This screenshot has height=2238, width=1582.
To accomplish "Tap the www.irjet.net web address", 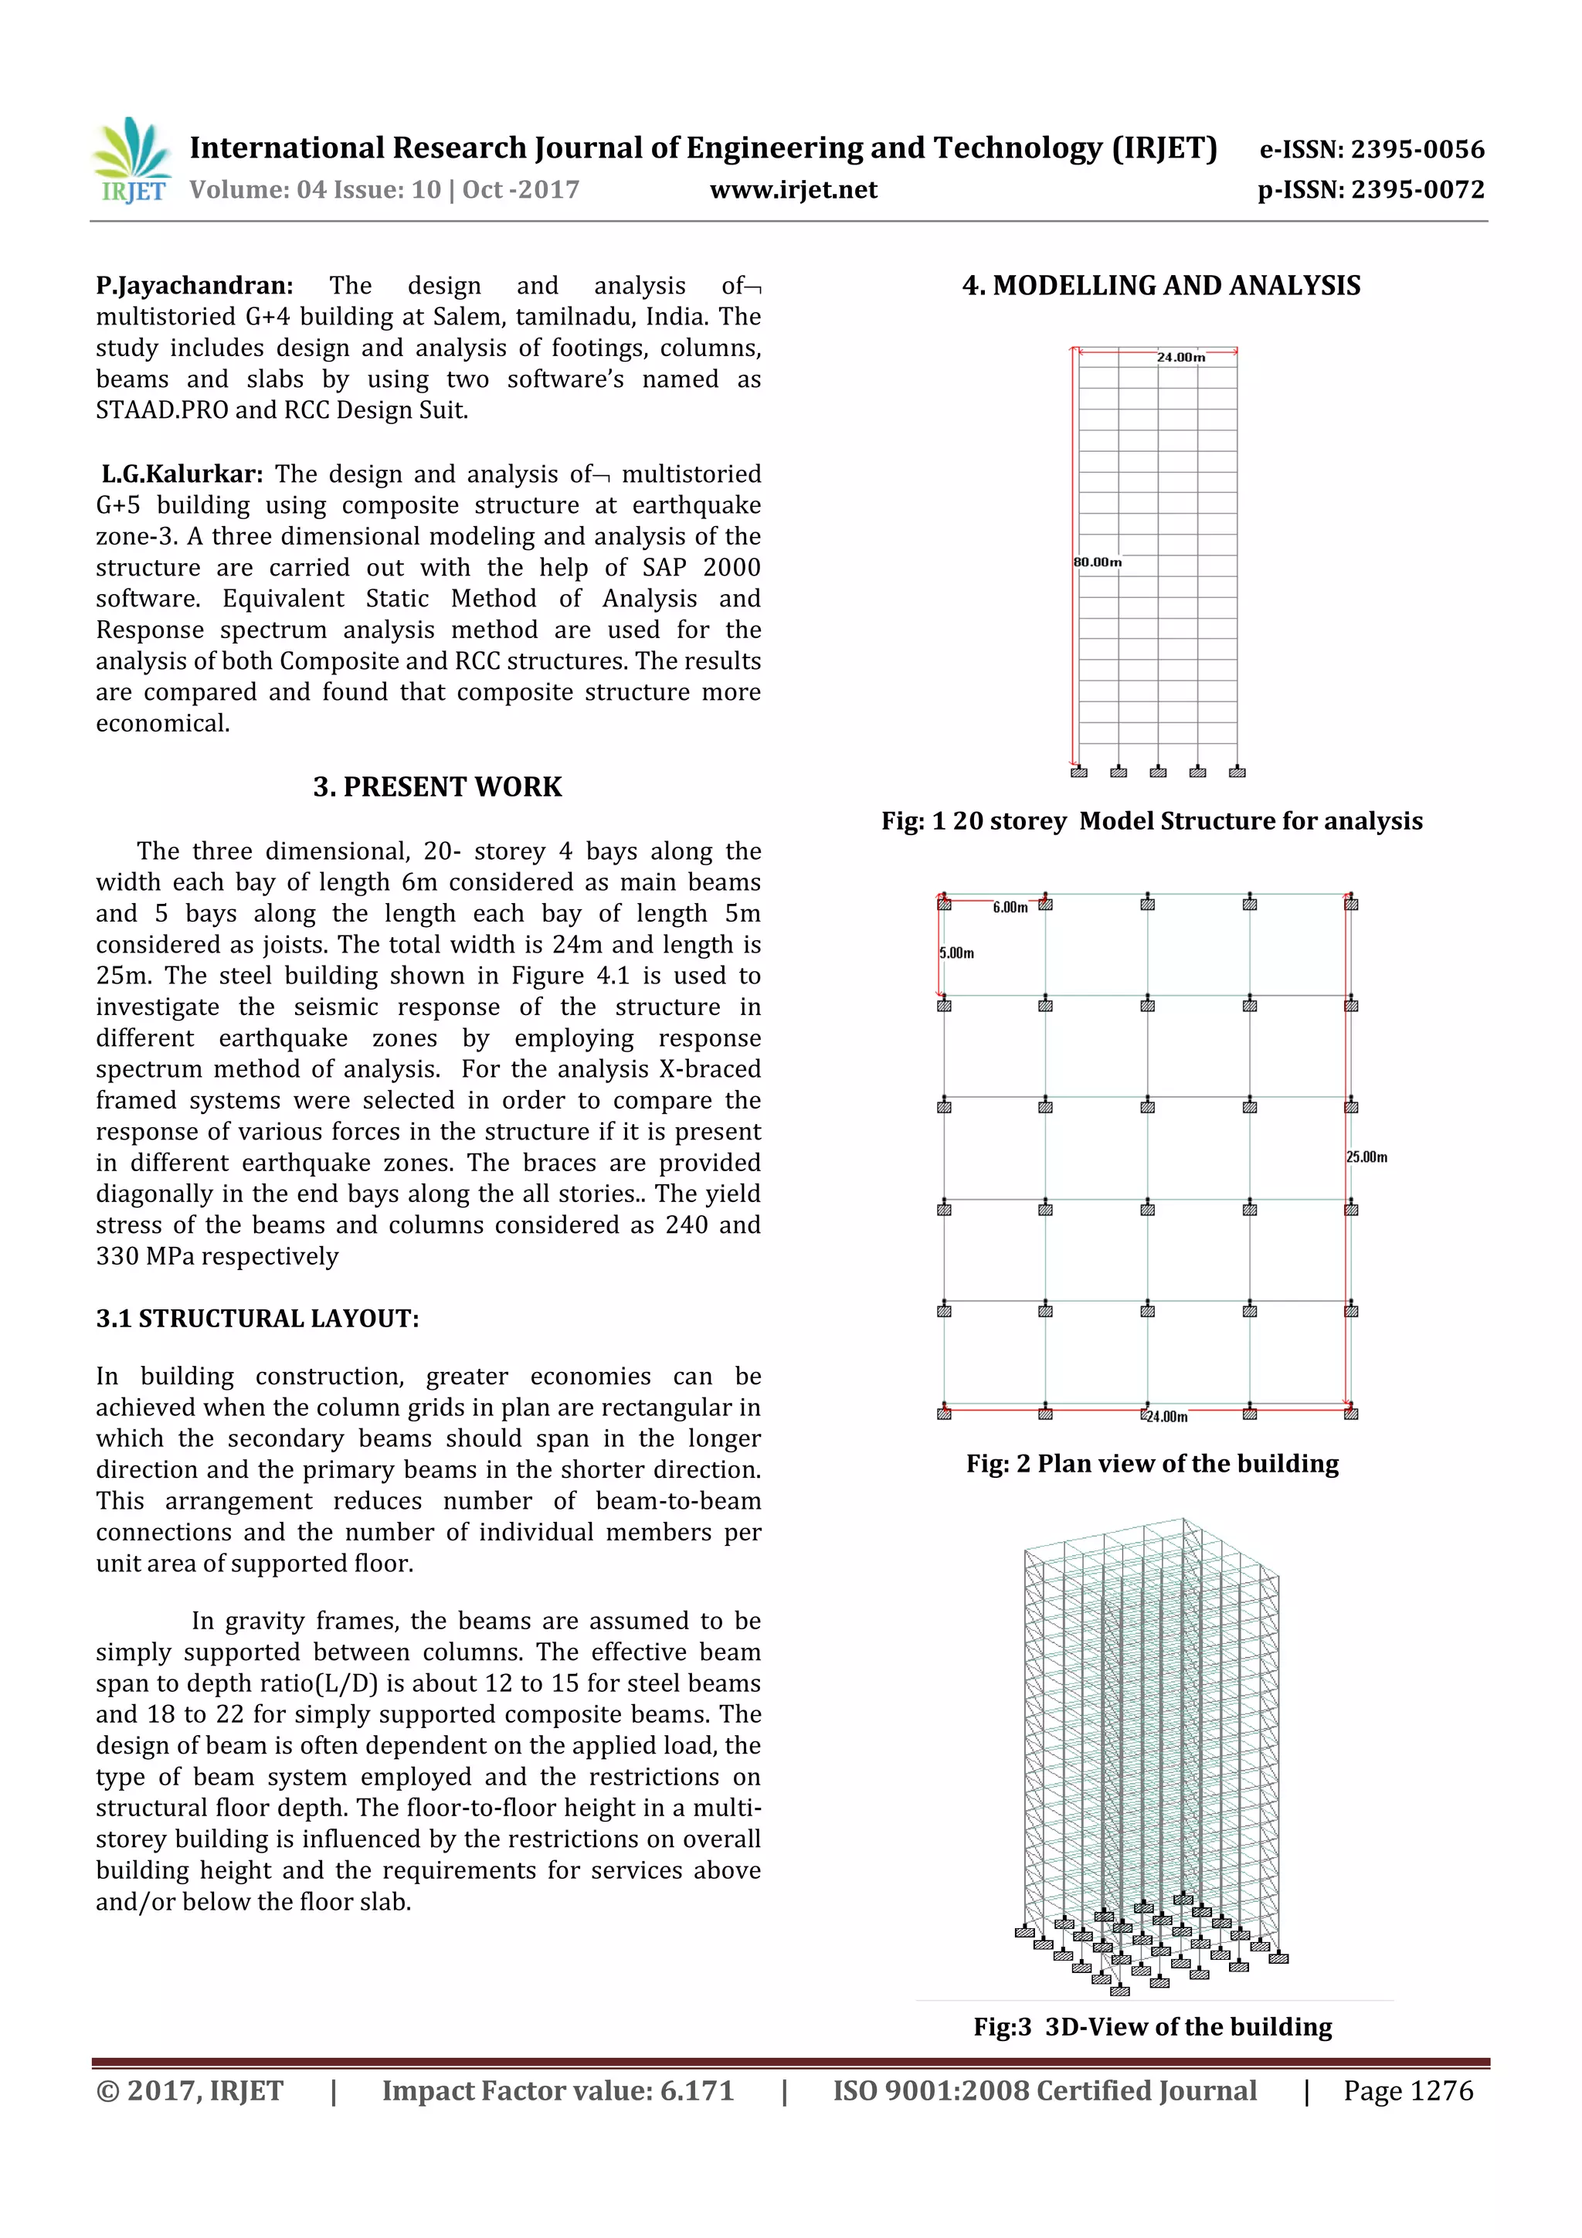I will coord(793,189).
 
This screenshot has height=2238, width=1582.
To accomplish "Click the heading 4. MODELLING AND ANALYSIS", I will coord(1161,286).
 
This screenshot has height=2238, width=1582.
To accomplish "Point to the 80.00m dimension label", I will coord(1098,562).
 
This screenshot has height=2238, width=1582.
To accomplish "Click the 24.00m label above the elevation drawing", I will coord(1180,358).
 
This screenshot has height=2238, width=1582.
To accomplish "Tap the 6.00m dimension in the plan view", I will coord(1010,908).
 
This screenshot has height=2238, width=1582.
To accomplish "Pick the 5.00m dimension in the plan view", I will coord(956,953).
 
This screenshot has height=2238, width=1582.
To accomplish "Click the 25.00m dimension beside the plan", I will coord(1366,1157).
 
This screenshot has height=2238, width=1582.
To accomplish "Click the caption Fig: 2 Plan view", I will coord(1153,1464).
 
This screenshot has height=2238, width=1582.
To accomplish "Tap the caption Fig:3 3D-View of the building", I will coord(1153,2026).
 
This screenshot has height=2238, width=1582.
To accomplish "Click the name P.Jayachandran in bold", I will coord(194,286).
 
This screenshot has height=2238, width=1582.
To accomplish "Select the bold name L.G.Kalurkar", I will coord(182,474).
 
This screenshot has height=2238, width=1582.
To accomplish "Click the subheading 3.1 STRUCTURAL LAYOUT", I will coord(257,1318).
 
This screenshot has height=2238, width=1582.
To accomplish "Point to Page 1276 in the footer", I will coord(1407,2090).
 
